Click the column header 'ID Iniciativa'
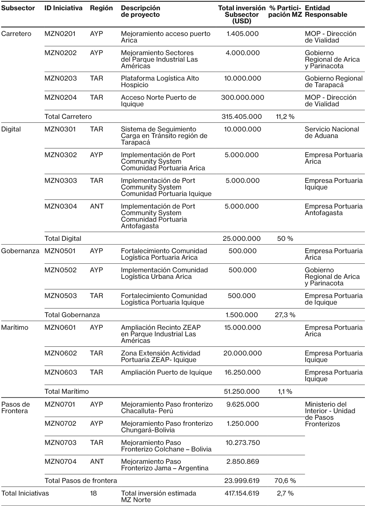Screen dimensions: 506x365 click(63, 8)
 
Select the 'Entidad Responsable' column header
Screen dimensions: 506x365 click(326, 11)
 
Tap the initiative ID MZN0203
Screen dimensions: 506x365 click(61, 78)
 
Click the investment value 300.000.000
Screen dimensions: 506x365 click(242, 98)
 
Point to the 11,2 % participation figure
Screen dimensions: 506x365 click(285, 117)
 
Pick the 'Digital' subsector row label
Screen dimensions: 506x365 click(11, 129)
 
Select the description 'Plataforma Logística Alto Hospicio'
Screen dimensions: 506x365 click(160, 82)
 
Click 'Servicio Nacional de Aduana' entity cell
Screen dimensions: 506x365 click(332, 132)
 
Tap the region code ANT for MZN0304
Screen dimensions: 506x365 click(97, 206)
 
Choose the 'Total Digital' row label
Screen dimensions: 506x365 click(63, 238)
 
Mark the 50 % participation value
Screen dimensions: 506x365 click(285, 238)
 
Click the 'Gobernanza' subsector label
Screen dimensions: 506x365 click(20, 251)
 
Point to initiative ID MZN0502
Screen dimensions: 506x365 click(61, 270)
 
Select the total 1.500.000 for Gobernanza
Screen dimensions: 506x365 click(242, 315)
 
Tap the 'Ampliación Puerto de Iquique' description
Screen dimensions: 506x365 click(166, 372)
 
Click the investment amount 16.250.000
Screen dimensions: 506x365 click(242, 372)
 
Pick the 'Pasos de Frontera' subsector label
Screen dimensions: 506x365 click(15, 407)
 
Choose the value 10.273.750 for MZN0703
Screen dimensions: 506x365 click(243, 443)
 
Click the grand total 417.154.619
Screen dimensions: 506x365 click(242, 493)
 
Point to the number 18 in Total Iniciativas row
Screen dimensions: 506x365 click(93, 493)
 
